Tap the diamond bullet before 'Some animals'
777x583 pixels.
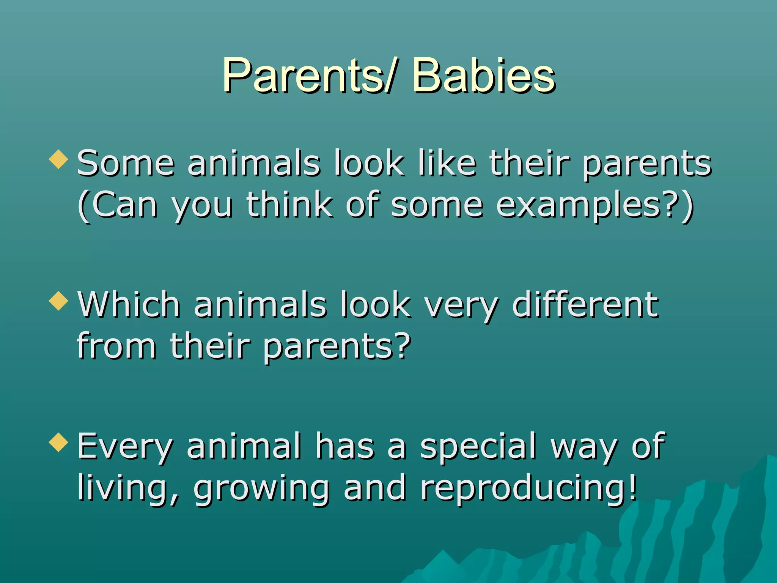59,159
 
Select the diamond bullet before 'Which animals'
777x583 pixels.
59,301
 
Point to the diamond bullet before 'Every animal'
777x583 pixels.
59,442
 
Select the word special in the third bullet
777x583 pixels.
478,447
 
